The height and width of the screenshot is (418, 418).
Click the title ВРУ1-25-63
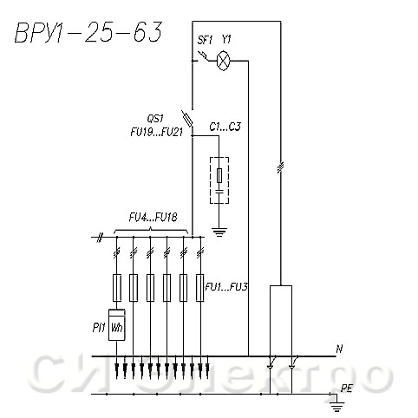pyautogui.click(x=88, y=32)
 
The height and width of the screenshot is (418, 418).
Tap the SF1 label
pyautogui.click(x=205, y=40)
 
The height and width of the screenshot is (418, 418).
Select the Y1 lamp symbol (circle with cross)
pyautogui.click(x=224, y=61)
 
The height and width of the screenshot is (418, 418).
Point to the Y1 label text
pyautogui.click(x=226, y=39)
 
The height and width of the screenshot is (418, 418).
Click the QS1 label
pyautogui.click(x=155, y=119)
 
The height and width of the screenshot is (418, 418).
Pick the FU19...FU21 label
pyautogui.click(x=157, y=132)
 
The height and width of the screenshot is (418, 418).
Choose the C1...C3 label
pyautogui.click(x=225, y=127)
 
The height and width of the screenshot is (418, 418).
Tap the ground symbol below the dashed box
pyautogui.click(x=219, y=232)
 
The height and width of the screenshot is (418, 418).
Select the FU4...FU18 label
pyautogui.click(x=153, y=218)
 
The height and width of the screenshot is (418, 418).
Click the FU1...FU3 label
pyautogui.click(x=226, y=287)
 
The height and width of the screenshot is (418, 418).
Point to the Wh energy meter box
pyautogui.click(x=117, y=324)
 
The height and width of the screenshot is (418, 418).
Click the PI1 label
pyautogui.click(x=99, y=328)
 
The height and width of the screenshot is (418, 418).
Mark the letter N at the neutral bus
pyautogui.click(x=339, y=349)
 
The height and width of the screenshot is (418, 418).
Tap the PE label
pyautogui.click(x=346, y=389)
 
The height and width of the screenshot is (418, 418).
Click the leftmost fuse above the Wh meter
pyautogui.click(x=117, y=288)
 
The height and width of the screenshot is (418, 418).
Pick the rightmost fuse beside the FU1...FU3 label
pyautogui.click(x=199, y=288)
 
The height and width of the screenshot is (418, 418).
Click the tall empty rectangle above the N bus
pyautogui.click(x=281, y=321)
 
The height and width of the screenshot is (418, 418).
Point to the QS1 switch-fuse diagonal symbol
pyautogui.click(x=187, y=119)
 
